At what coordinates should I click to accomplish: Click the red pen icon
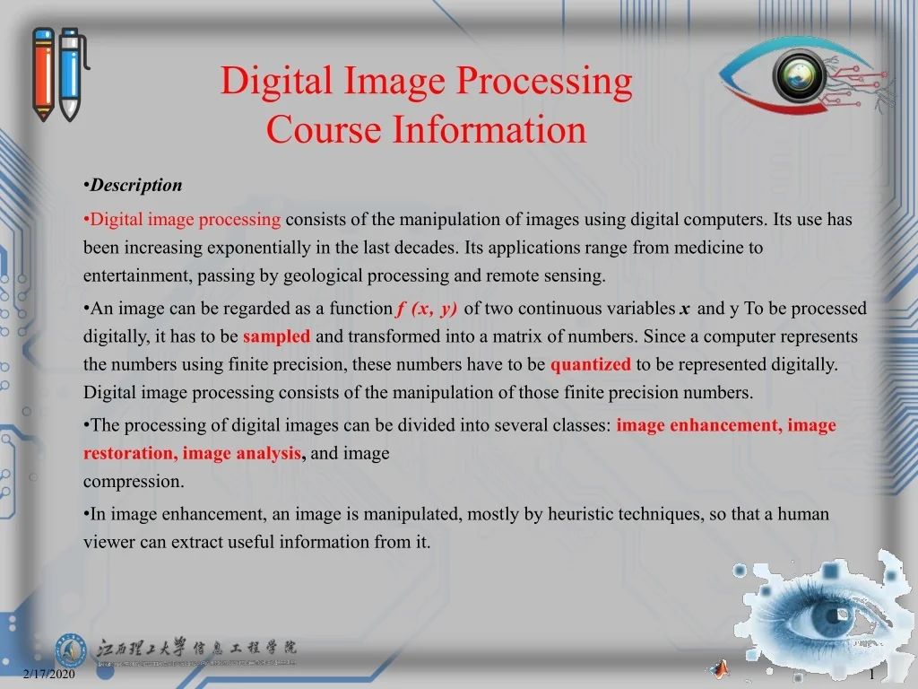click(43, 74)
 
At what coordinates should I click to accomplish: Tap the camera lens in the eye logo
click(799, 76)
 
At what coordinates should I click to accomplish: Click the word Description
click(136, 185)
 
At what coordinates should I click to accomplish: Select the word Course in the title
click(324, 129)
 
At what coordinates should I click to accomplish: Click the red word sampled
click(276, 336)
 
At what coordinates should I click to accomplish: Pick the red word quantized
click(590, 364)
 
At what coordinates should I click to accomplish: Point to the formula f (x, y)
click(426, 309)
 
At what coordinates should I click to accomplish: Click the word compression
click(134, 482)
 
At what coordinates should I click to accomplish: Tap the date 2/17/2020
click(49, 674)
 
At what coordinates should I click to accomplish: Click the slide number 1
click(871, 675)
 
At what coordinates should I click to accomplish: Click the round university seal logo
click(71, 650)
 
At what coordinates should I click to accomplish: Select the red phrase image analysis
click(242, 453)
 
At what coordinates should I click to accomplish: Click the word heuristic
click(580, 514)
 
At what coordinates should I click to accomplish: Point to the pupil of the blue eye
click(831, 617)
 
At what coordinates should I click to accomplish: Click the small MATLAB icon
click(720, 668)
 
